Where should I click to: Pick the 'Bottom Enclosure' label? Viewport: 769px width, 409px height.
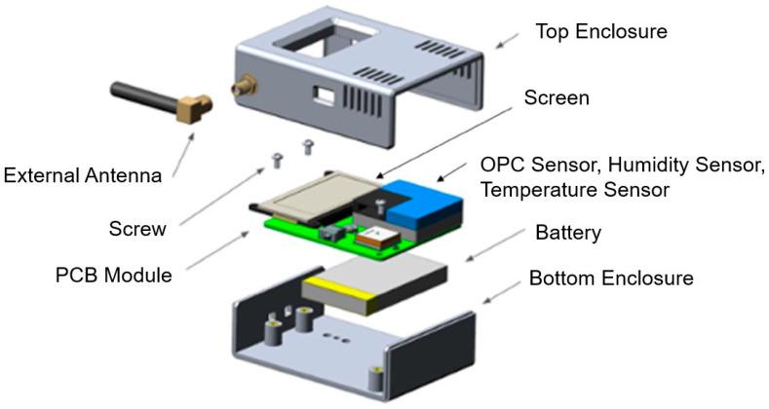611,279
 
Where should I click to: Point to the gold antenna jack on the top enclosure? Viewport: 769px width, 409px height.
238,89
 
